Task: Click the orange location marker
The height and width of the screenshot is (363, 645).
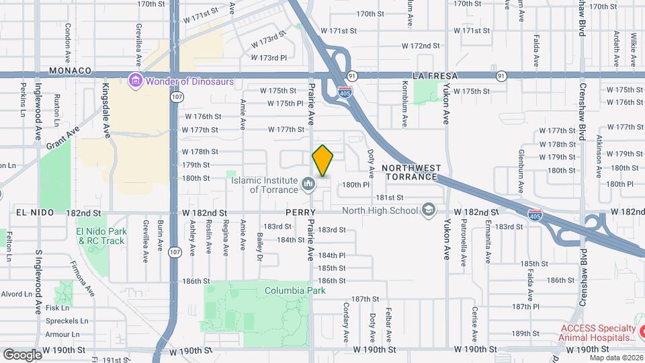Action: (x=322, y=160)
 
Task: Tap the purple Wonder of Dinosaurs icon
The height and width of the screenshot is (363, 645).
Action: (x=135, y=81)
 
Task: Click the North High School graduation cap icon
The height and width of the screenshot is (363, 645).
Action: (x=427, y=210)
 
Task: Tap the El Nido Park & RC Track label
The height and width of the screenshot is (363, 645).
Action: (x=101, y=236)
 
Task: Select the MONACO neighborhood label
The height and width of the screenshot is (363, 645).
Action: (x=70, y=71)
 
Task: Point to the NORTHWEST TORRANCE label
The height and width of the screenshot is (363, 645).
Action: (x=411, y=172)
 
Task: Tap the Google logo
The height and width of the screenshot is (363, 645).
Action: (x=22, y=354)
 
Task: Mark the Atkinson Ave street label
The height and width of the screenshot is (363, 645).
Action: (x=598, y=148)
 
